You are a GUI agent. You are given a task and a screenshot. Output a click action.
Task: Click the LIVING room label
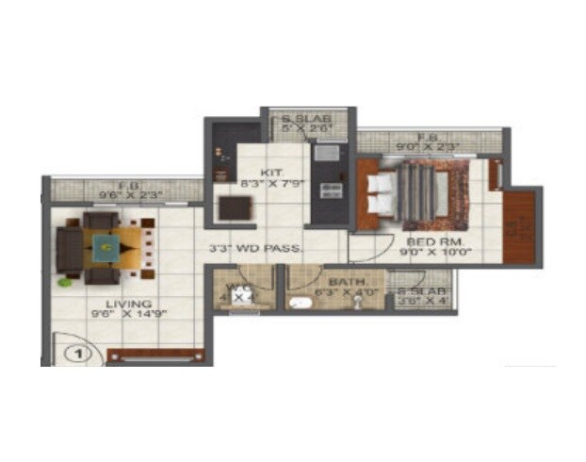(129, 304)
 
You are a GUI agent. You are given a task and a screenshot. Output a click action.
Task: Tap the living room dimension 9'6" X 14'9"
(129, 315)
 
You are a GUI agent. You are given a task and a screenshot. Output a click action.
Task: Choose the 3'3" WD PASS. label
(254, 250)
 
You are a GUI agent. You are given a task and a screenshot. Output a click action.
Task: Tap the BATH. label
(347, 282)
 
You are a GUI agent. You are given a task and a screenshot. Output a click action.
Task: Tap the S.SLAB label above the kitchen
(307, 119)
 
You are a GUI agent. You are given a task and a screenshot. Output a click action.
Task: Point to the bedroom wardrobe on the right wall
(520, 225)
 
